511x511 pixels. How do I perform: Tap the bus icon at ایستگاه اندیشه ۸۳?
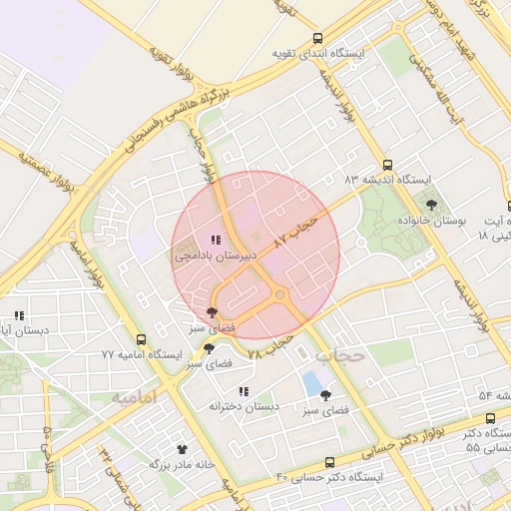(x=388, y=166)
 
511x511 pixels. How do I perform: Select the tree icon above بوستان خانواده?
(x=431, y=205)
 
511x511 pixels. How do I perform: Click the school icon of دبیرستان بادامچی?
(x=216, y=240)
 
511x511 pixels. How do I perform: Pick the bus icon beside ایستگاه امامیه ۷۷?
(x=141, y=339)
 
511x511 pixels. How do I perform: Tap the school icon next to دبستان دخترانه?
(x=244, y=391)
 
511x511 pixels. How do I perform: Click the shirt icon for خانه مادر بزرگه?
(x=182, y=449)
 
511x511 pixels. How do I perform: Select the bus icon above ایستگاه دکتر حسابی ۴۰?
(x=330, y=462)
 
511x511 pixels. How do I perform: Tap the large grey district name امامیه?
(x=135, y=397)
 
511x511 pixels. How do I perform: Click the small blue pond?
(x=313, y=382)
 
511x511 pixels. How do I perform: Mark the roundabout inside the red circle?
(x=280, y=294)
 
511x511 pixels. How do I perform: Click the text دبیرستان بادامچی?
(x=217, y=255)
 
